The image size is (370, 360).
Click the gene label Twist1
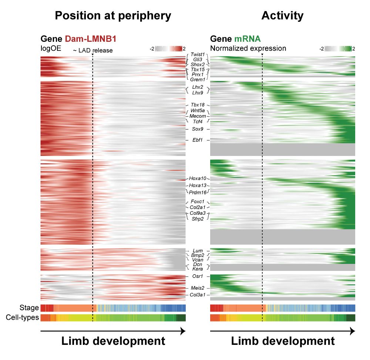coord(198,54)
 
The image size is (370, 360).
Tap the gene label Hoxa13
coord(198,185)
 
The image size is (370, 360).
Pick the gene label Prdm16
coord(198,192)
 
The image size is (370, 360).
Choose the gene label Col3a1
coord(198,295)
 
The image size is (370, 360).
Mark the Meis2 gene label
coord(198,288)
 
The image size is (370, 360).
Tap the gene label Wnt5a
coord(198,111)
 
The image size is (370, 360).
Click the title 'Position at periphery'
coord(113,16)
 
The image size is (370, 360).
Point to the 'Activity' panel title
coord(282,16)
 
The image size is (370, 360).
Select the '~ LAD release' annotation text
coord(93,50)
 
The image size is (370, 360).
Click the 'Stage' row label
coord(30,308)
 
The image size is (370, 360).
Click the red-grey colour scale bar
coord(169,49)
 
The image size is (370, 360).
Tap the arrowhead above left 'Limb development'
coord(183,332)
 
